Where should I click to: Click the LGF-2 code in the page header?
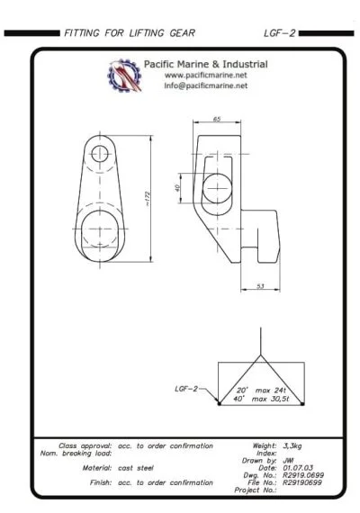(x=279, y=33)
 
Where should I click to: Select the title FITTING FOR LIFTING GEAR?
(x=129, y=33)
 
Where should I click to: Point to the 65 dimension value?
(x=217, y=119)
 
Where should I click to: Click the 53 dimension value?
(x=260, y=286)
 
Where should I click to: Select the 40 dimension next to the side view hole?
(x=178, y=188)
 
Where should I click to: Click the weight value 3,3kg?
(x=294, y=445)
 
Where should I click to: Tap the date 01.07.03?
(x=297, y=466)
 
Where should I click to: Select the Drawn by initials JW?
(x=288, y=459)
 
